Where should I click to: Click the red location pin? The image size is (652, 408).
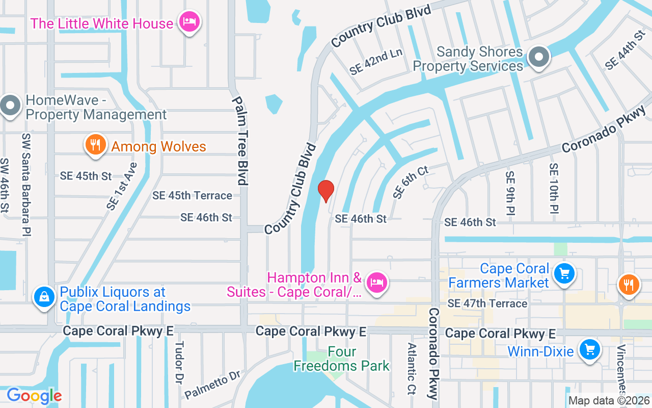325,191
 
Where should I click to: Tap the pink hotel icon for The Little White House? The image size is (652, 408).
189,22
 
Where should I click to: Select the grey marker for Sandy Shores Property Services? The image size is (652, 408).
538,58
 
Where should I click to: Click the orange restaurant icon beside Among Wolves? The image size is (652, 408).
95,145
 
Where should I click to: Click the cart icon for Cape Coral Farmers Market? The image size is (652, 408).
564,274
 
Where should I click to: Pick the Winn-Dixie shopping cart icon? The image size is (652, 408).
590,350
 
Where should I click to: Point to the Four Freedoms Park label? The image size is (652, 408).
341,359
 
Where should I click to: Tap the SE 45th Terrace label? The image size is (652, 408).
192,195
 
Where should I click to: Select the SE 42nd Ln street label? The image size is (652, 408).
376,62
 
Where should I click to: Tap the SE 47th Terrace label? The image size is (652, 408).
487,303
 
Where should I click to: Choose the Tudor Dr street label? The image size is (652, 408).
179,370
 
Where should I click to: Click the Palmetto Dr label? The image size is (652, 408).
212,385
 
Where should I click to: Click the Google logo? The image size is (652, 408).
34,396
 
